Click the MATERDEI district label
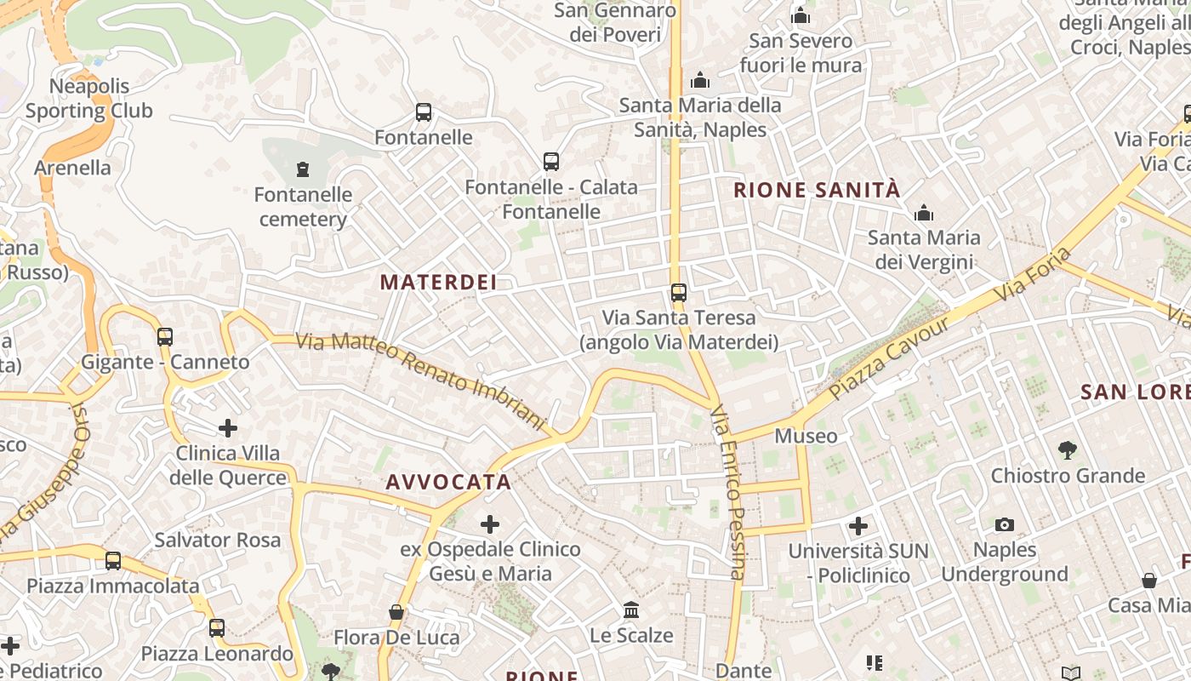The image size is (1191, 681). tap(438, 282)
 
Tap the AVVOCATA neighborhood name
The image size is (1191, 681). tap(448, 482)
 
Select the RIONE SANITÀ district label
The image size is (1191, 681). tap(817, 190)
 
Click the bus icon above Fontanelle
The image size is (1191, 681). tap(424, 112)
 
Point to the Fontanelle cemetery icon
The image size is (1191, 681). tap(303, 169)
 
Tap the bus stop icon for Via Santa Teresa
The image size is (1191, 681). tap(678, 293)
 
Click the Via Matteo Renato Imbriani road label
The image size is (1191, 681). tap(420, 380)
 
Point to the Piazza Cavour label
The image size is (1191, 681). tap(889, 358)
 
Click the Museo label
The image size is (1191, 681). tap(806, 436)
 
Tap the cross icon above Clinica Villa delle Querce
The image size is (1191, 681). tap(228, 427)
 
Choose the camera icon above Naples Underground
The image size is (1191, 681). tap(1005, 524)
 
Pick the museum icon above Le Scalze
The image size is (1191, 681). tap(631, 609)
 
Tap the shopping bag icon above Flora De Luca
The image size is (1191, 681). tap(396, 612)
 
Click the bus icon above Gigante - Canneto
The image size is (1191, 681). tap(165, 336)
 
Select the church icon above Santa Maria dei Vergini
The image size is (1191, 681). tap(924, 213)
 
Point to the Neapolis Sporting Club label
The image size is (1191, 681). tap(88, 98)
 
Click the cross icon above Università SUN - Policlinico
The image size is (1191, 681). tap(858, 526)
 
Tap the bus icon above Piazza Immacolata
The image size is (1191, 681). tap(113, 561)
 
